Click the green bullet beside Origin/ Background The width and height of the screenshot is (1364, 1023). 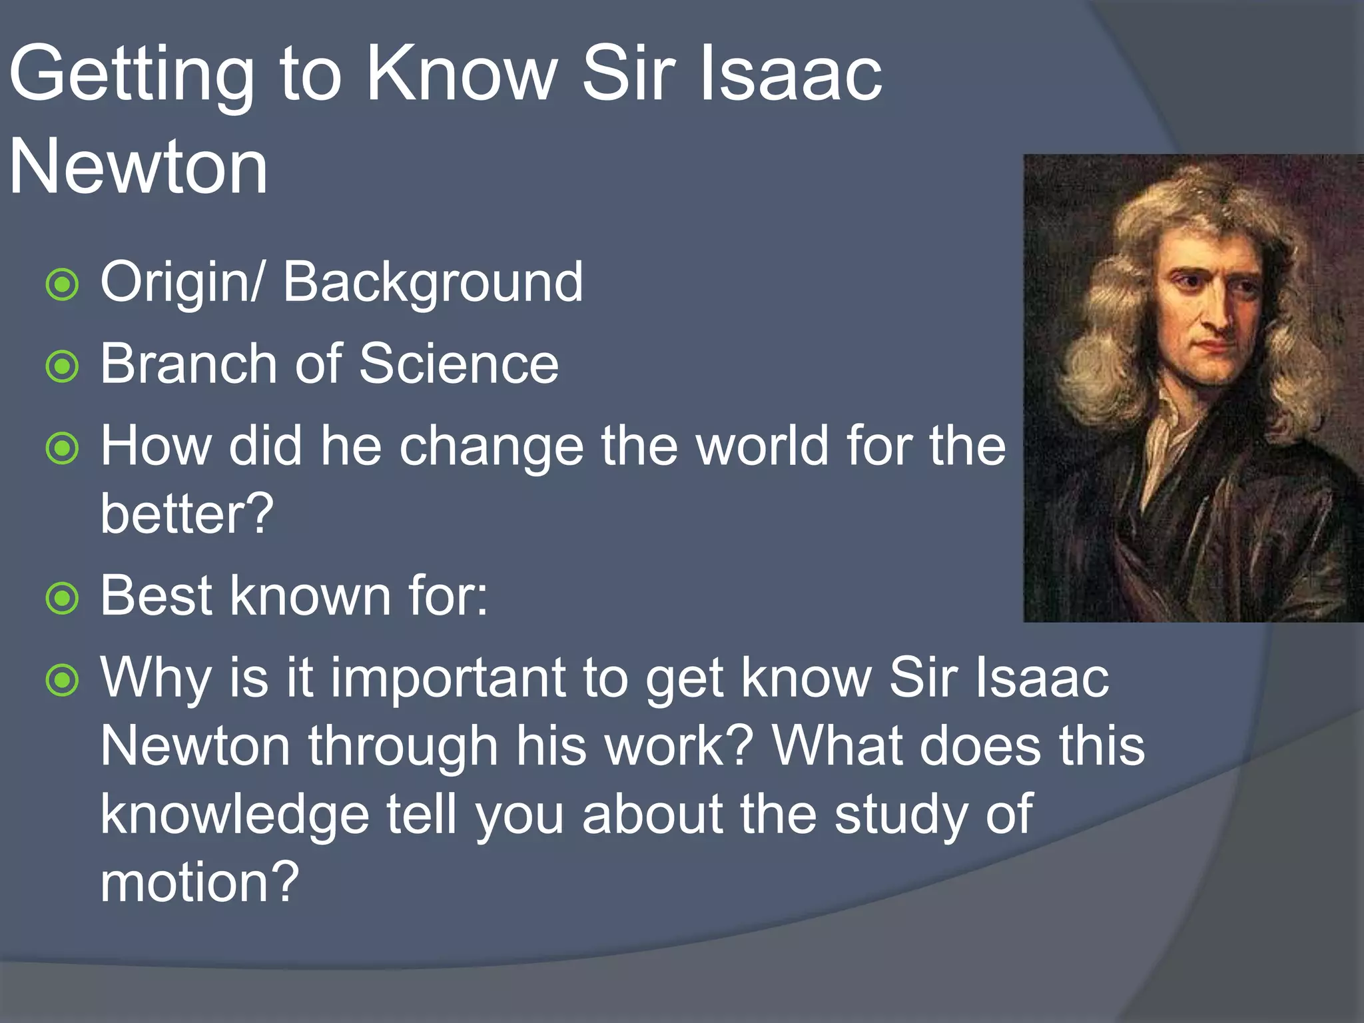(x=63, y=285)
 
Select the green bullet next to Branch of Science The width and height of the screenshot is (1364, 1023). (x=63, y=367)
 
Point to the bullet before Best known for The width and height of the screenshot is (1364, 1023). (x=63, y=598)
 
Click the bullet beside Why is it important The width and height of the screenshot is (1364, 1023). (x=63, y=680)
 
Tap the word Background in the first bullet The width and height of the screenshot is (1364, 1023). (x=433, y=283)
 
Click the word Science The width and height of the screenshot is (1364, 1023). (x=459, y=364)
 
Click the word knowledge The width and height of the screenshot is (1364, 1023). (x=234, y=815)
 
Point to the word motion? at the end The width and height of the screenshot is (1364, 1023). (x=200, y=882)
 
